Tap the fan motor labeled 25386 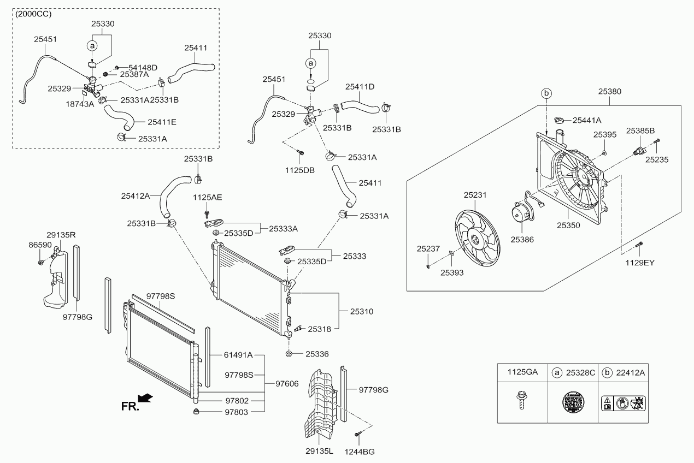pos(521,213)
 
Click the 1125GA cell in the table pos(522,372)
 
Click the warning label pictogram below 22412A pos(623,404)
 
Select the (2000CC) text pos(33,14)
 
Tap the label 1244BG pos(360,452)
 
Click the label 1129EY pos(640,263)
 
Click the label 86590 pos(41,246)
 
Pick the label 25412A pos(135,194)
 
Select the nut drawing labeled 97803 pos(196,411)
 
